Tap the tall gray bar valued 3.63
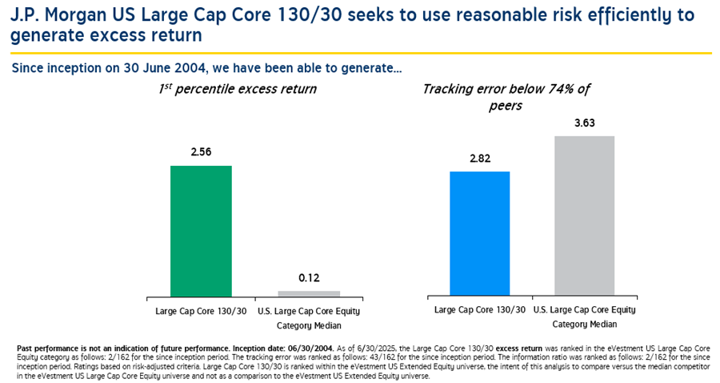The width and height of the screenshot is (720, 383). point(584,216)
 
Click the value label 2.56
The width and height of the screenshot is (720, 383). point(201,153)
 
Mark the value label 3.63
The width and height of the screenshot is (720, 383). point(584,123)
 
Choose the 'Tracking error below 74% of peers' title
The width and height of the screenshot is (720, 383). point(506,97)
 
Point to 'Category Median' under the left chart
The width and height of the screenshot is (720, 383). point(309,325)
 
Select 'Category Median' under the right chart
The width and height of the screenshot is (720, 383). point(584,325)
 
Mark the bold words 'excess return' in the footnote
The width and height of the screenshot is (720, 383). point(481,348)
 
